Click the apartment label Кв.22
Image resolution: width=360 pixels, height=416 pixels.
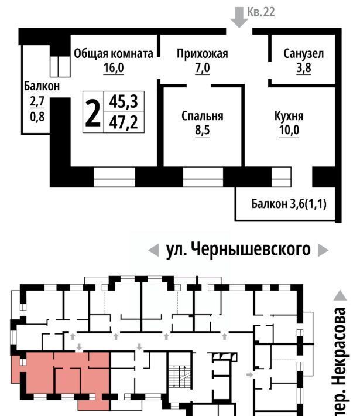pos(261,12)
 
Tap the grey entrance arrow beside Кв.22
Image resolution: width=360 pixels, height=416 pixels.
pos(239,17)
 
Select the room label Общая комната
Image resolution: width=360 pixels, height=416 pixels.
pos(114,53)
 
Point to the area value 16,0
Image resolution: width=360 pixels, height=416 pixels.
pos(114,68)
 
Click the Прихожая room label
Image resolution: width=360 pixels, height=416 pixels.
pos(203,53)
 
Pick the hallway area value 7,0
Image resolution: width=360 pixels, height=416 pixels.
pos(203,68)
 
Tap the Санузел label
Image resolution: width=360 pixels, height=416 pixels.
pos(304,53)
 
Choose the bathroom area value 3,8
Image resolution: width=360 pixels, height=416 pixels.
pos(304,68)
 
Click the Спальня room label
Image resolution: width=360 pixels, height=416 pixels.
pos(203,116)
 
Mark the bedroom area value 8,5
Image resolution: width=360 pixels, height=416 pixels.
pos(203,130)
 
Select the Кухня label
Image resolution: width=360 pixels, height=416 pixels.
pos(289,116)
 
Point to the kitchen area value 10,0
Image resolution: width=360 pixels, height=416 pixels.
pos(289,130)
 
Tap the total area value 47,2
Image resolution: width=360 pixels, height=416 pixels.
pos(124,122)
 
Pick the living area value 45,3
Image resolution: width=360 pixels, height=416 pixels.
pos(124,101)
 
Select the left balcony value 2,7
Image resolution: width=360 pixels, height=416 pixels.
pos(37,101)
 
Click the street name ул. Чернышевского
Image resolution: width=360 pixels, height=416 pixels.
pos(238,250)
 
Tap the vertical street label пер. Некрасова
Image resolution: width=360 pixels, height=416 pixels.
pos(340,362)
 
